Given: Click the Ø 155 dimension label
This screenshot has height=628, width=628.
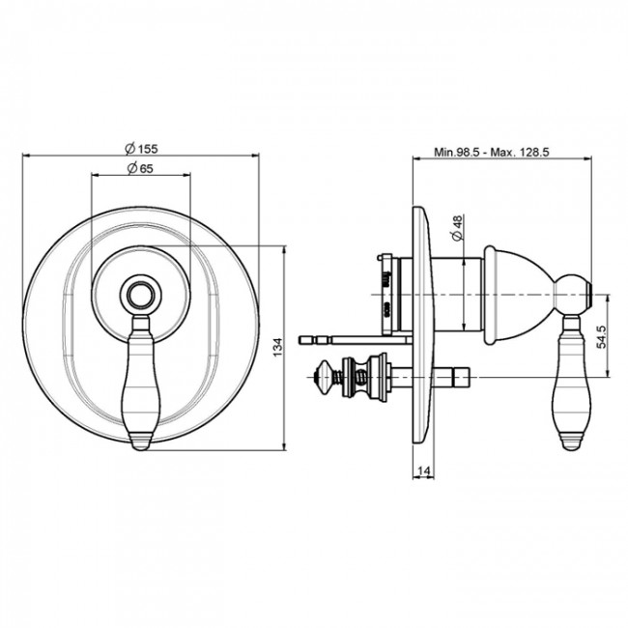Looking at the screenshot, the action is point(141,149).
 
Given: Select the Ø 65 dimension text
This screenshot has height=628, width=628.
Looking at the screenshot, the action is point(140,168).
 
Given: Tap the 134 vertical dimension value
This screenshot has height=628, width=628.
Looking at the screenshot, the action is point(278,348).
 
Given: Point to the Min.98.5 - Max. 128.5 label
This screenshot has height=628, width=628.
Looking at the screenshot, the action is point(492,153).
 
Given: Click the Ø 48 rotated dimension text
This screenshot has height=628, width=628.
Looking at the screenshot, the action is point(457,227).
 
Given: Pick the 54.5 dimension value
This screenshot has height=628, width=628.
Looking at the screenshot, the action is point(602,336).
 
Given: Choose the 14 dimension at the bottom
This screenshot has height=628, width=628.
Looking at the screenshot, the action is point(423,471).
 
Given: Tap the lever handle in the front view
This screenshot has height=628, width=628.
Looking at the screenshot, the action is point(141,382).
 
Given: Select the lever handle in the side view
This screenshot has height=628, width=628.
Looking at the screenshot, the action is point(571,382).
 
